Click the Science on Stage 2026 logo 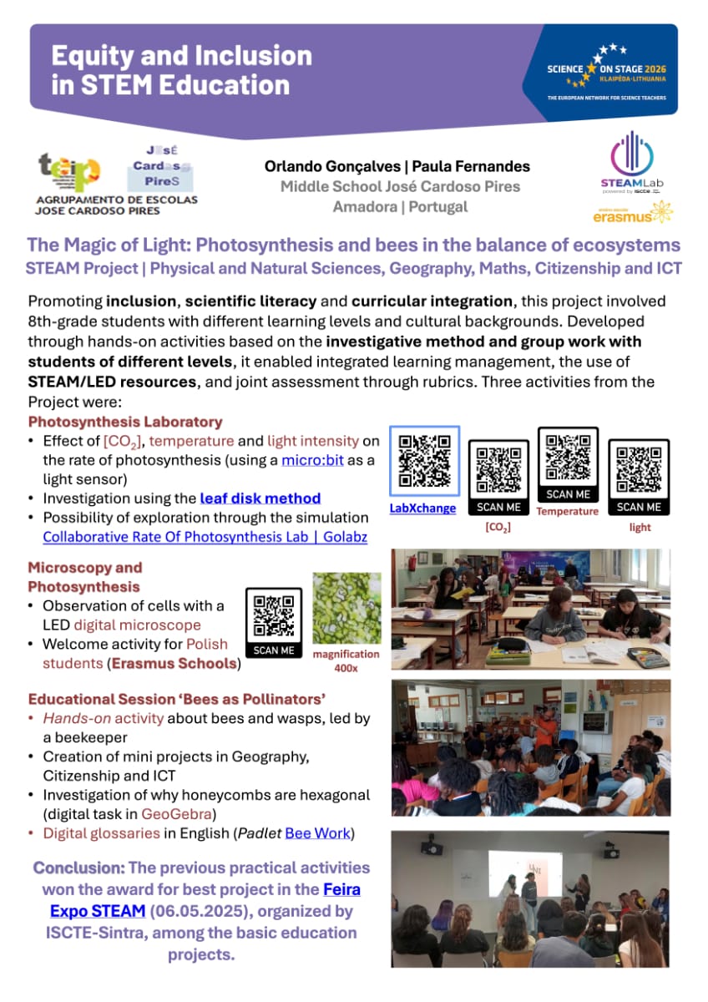point(607,71)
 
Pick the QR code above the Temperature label point(568,457)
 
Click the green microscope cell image point(346,608)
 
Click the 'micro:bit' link point(312,459)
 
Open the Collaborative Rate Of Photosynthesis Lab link point(205,537)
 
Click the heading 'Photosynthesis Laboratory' point(125,422)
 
